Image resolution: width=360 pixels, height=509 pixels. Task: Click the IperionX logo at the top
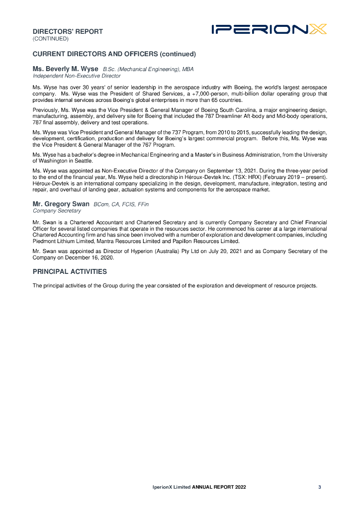pyautogui.click(x=269, y=30)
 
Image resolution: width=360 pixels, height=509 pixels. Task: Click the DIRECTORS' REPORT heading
pyautogui.click(x=68, y=32)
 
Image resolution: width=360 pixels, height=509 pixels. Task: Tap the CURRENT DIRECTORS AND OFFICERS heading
pyautogui.click(x=114, y=54)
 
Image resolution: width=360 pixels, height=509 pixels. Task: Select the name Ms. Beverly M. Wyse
pyautogui.click(x=66, y=69)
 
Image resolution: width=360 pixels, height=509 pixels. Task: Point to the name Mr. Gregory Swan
pyautogui.click(x=61, y=204)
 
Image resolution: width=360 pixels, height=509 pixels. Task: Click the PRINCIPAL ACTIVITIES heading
pyautogui.click(x=70, y=271)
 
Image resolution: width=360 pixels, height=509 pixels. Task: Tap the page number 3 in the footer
pyautogui.click(x=320, y=487)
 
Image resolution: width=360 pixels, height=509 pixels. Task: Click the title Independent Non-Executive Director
pyautogui.click(x=77, y=76)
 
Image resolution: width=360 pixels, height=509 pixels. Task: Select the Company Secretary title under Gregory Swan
pyautogui.click(x=57, y=211)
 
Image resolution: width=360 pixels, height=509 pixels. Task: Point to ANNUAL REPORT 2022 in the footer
pyautogui.click(x=219, y=487)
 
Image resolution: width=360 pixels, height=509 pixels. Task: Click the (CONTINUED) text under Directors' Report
pyautogui.click(x=50, y=38)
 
